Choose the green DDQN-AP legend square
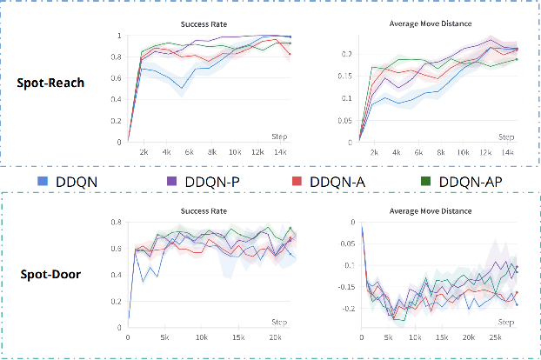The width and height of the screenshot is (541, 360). tap(426, 181)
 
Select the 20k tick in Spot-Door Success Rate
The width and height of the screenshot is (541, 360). tap(274, 338)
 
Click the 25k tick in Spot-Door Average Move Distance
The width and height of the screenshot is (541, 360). tap(496, 338)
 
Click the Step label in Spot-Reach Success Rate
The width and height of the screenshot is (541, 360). tap(279, 137)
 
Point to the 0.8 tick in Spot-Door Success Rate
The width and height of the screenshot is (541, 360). tap(118, 223)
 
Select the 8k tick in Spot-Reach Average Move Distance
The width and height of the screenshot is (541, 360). tap(442, 151)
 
